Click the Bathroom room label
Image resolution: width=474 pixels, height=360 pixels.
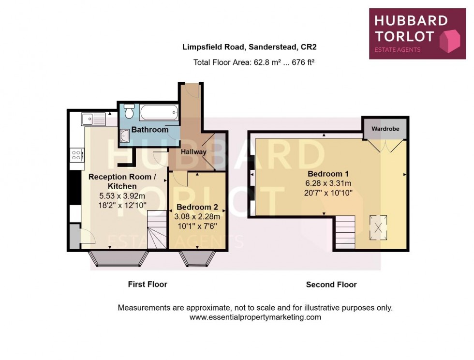click(x=150, y=130)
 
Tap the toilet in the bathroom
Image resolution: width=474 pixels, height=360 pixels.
click(x=129, y=111)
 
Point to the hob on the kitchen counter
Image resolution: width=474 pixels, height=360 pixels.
click(x=76, y=155)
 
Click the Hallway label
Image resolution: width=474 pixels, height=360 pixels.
click(x=193, y=152)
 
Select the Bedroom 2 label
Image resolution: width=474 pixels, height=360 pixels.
click(x=197, y=207)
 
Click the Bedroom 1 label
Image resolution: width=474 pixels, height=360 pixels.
click(x=328, y=174)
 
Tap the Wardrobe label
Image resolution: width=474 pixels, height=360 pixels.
click(x=385, y=129)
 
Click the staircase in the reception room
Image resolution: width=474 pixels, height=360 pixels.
click(x=157, y=233)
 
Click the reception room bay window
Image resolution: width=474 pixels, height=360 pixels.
click(x=118, y=259)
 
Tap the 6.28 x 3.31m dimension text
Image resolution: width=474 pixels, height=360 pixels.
click(x=328, y=183)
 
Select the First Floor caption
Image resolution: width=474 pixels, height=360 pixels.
click(x=148, y=284)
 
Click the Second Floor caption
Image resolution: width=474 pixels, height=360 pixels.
click(x=331, y=285)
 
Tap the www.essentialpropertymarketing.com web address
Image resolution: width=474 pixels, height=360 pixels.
click(x=255, y=317)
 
